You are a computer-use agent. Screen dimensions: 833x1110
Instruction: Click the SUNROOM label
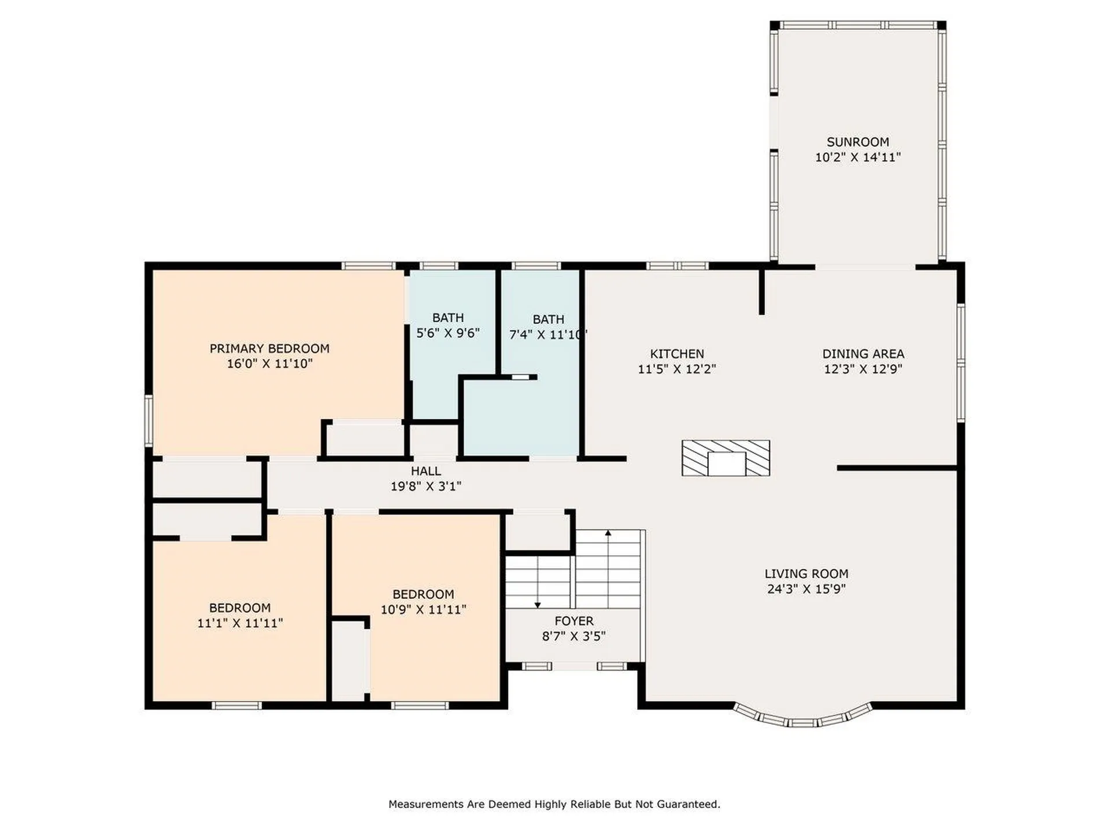click(x=857, y=142)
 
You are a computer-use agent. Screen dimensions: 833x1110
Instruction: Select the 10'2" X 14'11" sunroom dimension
click(x=857, y=157)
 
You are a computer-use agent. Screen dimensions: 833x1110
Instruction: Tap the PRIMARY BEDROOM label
click(x=269, y=348)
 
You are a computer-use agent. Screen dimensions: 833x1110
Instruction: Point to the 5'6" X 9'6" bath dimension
click(x=448, y=333)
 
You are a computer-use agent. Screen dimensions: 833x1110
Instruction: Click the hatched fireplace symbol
click(x=726, y=458)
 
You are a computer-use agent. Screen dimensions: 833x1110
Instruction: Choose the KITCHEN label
click(x=676, y=353)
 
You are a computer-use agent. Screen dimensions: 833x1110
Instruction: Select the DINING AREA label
click(x=863, y=353)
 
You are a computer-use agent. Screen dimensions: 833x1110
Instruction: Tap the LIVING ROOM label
click(x=806, y=573)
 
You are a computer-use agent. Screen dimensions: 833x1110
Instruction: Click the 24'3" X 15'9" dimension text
click(x=806, y=589)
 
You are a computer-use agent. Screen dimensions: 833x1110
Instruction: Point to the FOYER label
click(x=573, y=621)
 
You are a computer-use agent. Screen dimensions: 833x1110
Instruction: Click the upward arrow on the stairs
click(x=608, y=532)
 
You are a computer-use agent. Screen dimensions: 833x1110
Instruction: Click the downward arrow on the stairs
click(x=538, y=605)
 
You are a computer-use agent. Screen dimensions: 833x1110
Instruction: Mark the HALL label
click(x=425, y=471)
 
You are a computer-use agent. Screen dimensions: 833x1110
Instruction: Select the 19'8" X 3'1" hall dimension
click(x=425, y=486)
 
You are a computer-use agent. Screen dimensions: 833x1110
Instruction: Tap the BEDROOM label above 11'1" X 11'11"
click(x=239, y=607)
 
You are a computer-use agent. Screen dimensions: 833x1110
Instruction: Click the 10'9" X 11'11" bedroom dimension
click(x=423, y=609)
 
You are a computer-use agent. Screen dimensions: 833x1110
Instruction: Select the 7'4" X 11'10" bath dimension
click(x=547, y=335)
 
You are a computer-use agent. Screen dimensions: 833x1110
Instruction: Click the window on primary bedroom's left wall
click(x=149, y=420)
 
